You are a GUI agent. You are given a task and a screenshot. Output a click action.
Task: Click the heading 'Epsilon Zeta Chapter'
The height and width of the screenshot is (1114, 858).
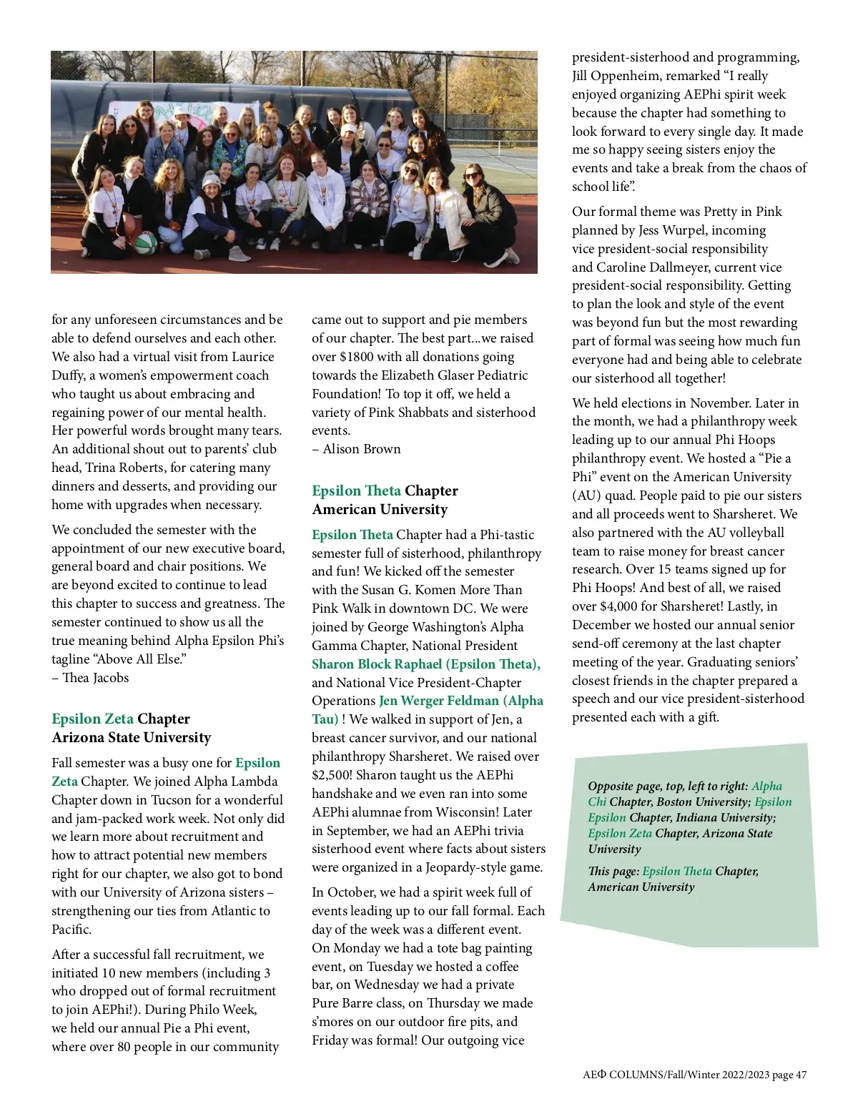coord(121,719)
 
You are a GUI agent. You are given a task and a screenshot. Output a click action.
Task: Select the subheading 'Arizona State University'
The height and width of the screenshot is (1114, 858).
coord(132,737)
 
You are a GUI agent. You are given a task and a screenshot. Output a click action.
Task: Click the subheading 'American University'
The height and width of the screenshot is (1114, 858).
coord(380,509)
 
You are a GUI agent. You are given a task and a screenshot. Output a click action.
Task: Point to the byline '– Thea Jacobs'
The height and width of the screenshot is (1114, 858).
coord(90,677)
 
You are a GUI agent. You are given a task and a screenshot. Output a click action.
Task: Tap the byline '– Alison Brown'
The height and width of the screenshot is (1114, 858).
coord(356,449)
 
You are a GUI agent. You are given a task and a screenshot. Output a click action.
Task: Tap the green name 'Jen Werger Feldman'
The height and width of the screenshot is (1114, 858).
coord(438,701)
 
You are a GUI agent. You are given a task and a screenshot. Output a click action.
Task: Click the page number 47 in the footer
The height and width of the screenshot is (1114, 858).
coord(801,1075)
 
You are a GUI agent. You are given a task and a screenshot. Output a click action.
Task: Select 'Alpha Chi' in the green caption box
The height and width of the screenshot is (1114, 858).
coord(766,787)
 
